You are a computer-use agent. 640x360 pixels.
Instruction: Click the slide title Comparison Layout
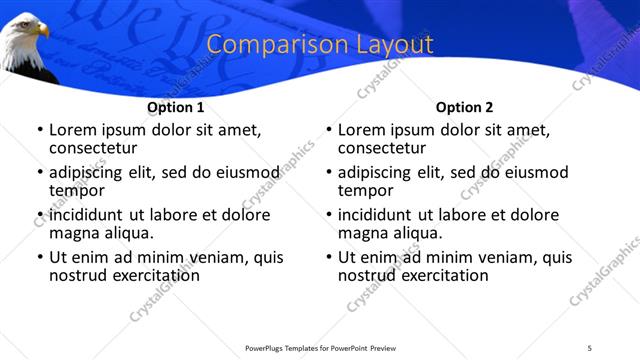(320, 45)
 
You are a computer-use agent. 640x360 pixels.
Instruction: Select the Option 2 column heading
(464, 107)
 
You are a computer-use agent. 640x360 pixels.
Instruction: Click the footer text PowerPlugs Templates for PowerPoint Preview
(320, 347)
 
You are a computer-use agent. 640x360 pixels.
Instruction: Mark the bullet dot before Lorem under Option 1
(40, 130)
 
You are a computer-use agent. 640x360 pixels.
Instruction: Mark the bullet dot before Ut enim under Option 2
(329, 257)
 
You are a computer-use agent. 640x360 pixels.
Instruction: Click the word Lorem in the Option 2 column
(362, 130)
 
